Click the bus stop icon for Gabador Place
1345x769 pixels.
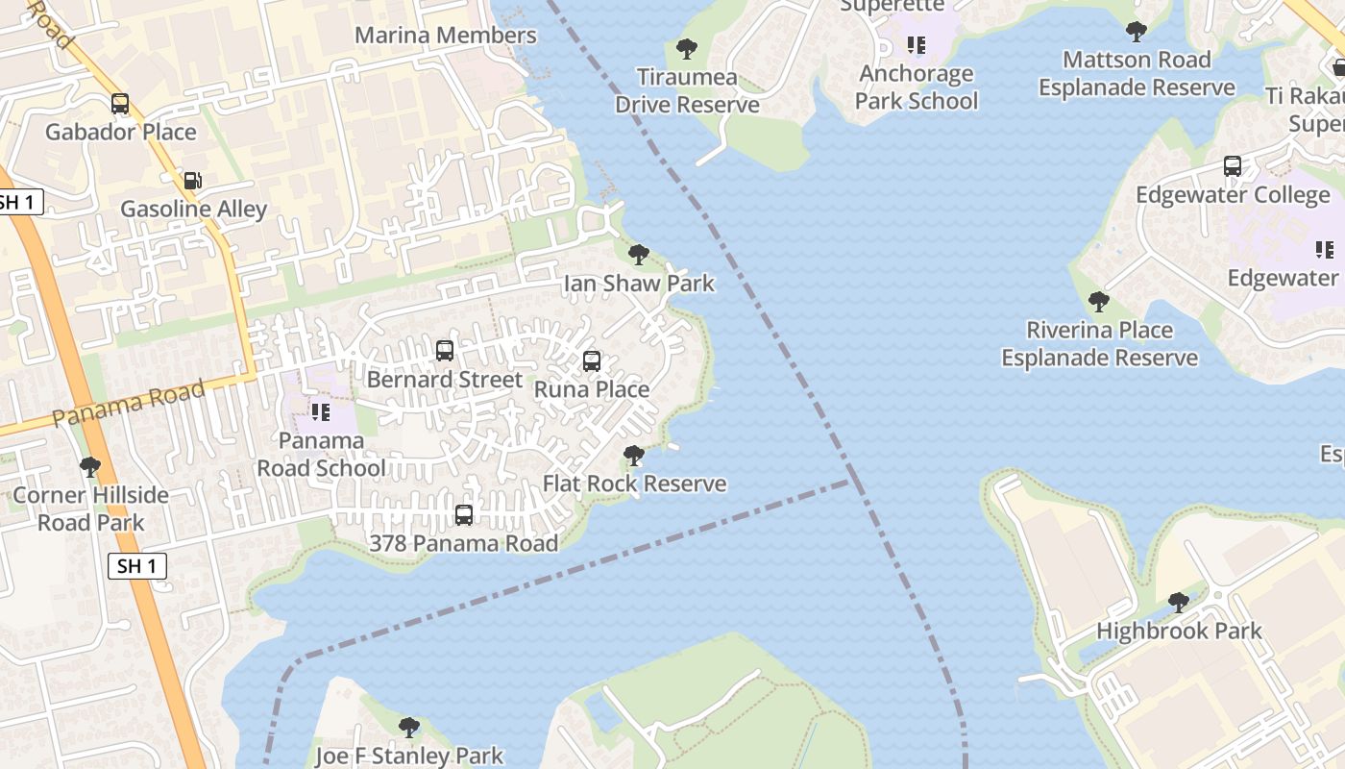coord(120,104)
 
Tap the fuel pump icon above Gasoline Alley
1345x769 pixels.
coord(192,181)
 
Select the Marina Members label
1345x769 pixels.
coord(446,36)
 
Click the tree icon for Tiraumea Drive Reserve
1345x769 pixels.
coord(687,49)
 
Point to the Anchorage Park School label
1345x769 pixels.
coord(917,87)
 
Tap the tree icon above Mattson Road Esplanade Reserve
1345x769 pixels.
coord(1137,32)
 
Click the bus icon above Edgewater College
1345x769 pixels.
coord(1233,166)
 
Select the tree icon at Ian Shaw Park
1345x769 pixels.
coord(638,255)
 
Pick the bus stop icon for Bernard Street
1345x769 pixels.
coord(445,351)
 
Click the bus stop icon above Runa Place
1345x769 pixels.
coord(592,361)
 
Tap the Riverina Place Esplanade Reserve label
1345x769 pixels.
coord(1099,344)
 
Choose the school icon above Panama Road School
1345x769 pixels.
coord(321,412)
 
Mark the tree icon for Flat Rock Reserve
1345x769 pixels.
coord(633,456)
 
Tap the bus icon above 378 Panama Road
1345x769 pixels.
coord(464,515)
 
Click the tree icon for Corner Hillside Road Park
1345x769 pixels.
coord(90,467)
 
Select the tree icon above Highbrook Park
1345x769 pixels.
coord(1178,603)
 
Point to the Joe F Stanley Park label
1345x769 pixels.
coord(409,756)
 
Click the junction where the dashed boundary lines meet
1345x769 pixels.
coord(849,482)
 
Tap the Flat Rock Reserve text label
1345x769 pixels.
coord(635,484)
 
